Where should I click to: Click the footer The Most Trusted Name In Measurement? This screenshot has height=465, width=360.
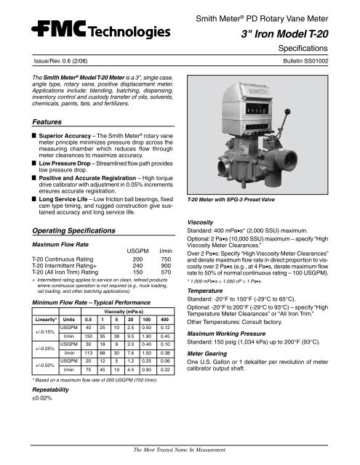point(180,453)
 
